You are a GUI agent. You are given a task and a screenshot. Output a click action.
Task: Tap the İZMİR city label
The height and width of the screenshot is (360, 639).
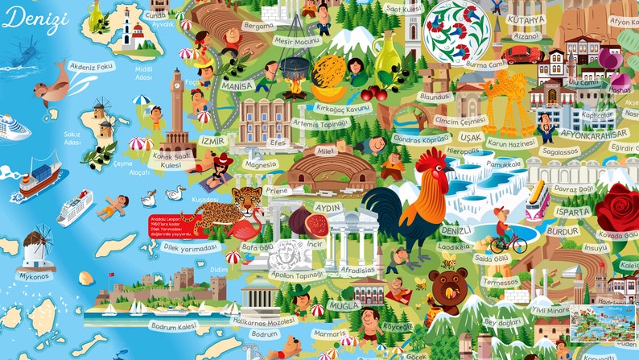[x=213, y=140]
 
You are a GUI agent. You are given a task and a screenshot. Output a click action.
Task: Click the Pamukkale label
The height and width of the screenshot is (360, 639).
[x=504, y=163]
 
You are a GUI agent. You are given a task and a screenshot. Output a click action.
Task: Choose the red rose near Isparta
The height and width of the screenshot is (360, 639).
[x=618, y=205]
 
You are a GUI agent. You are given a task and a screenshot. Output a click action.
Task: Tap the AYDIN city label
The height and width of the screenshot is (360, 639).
[x=328, y=207]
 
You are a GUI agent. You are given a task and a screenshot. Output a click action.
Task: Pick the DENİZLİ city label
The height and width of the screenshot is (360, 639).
[x=456, y=231]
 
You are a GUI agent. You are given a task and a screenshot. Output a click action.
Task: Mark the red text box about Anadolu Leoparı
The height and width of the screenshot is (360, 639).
[x=172, y=225]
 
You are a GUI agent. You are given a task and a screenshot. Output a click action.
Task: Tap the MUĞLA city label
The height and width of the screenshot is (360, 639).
[x=325, y=305]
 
